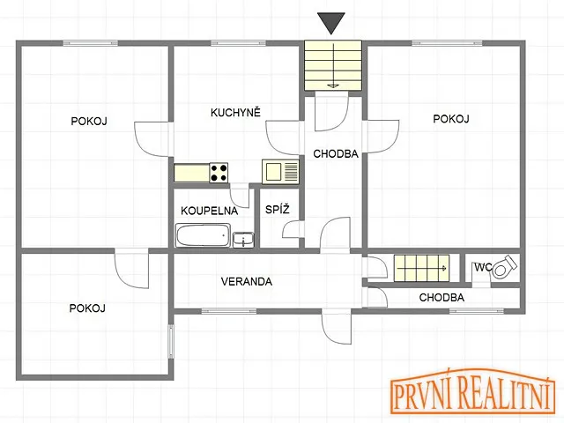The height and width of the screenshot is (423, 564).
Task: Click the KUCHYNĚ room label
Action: [x=235, y=112]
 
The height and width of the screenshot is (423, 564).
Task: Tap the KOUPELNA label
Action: [x=210, y=211]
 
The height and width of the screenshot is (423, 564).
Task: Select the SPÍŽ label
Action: [x=278, y=209]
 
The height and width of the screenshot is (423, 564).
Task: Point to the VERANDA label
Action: [x=247, y=281]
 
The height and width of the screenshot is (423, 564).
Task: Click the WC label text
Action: [x=483, y=267]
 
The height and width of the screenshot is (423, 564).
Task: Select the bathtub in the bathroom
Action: [x=203, y=235]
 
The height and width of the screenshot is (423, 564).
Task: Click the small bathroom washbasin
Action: [x=243, y=240]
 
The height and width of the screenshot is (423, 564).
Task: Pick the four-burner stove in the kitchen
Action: [x=219, y=173]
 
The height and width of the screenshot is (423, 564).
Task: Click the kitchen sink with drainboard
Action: [x=280, y=172]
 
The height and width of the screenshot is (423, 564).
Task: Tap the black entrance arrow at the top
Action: [x=331, y=24]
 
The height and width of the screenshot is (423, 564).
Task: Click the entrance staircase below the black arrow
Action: [x=333, y=65]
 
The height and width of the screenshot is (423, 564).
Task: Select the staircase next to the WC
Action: [x=421, y=268]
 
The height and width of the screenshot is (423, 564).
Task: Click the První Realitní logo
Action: [x=472, y=392]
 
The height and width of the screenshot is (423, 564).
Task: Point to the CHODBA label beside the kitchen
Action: [x=336, y=154]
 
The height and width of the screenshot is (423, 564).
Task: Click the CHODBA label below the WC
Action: [x=442, y=298]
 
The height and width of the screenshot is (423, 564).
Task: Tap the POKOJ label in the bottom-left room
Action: [x=87, y=308]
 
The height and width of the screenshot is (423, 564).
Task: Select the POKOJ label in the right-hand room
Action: [x=450, y=119]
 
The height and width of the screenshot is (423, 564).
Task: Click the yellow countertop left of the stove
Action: [x=192, y=173]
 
